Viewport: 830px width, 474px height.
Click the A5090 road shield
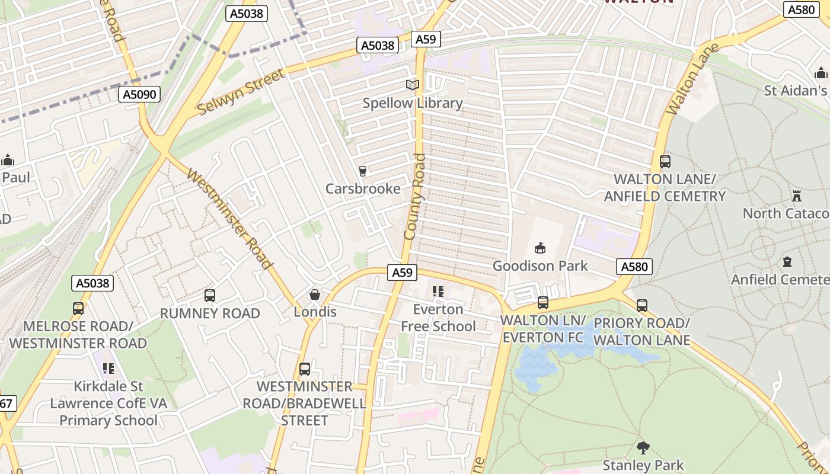pos(139,94)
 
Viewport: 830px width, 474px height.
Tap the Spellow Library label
pos(413,103)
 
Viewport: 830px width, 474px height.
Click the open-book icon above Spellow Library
pos(413,85)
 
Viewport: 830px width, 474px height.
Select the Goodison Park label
pos(540,265)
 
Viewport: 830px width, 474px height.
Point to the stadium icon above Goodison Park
pos(539,248)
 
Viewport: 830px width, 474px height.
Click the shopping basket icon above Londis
pos(315,294)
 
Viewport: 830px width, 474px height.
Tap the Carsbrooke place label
pos(363,188)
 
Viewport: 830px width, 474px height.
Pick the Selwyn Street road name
pos(241,92)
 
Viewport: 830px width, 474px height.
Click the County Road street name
pos(416,197)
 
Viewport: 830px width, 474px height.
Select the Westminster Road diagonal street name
pos(229,219)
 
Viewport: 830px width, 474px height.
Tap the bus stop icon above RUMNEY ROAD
pos(209,296)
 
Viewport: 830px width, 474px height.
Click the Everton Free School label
pos(438,318)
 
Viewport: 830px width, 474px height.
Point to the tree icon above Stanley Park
pos(643,447)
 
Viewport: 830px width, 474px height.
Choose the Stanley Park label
pos(643,465)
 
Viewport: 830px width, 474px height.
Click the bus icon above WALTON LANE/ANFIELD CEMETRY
pos(665,161)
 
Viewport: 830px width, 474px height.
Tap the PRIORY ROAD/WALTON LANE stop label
pos(642,332)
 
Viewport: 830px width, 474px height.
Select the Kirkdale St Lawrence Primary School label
pos(108,403)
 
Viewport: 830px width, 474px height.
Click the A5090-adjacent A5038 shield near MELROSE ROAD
pos(93,283)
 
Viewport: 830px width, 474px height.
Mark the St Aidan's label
pos(795,91)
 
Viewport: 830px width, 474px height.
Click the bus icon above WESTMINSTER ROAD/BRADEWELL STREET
pos(305,369)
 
